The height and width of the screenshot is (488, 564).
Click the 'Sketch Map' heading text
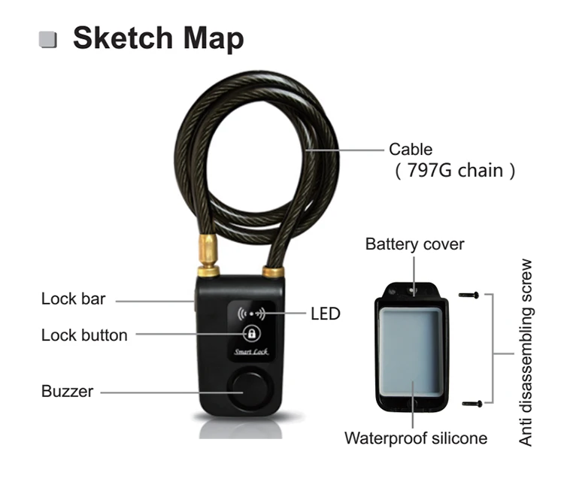click(158, 38)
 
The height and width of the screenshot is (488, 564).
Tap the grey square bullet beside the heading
click(48, 40)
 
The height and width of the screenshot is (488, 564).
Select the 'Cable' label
click(411, 150)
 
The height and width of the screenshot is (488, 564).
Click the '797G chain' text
click(455, 170)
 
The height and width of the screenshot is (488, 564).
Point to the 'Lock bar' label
click(74, 299)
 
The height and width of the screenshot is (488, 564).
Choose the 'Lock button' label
click(84, 335)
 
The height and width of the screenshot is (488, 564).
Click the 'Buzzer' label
click(67, 391)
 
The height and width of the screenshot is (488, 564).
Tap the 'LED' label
click(326, 314)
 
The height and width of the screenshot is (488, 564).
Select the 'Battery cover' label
click(414, 244)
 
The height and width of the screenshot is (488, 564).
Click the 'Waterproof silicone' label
click(416, 438)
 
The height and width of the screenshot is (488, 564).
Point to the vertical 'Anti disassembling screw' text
click(526, 353)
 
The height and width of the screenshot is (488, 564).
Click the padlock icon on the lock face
click(251, 333)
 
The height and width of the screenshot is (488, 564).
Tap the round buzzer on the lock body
click(250, 389)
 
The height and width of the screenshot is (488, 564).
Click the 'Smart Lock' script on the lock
click(251, 352)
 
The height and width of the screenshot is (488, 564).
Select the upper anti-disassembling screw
click(469, 296)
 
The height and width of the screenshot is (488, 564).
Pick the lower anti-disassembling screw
click(472, 404)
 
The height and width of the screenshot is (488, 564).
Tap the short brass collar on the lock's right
click(274, 271)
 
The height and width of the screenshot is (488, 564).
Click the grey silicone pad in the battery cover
click(411, 351)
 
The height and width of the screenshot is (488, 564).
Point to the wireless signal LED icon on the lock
click(251, 314)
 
